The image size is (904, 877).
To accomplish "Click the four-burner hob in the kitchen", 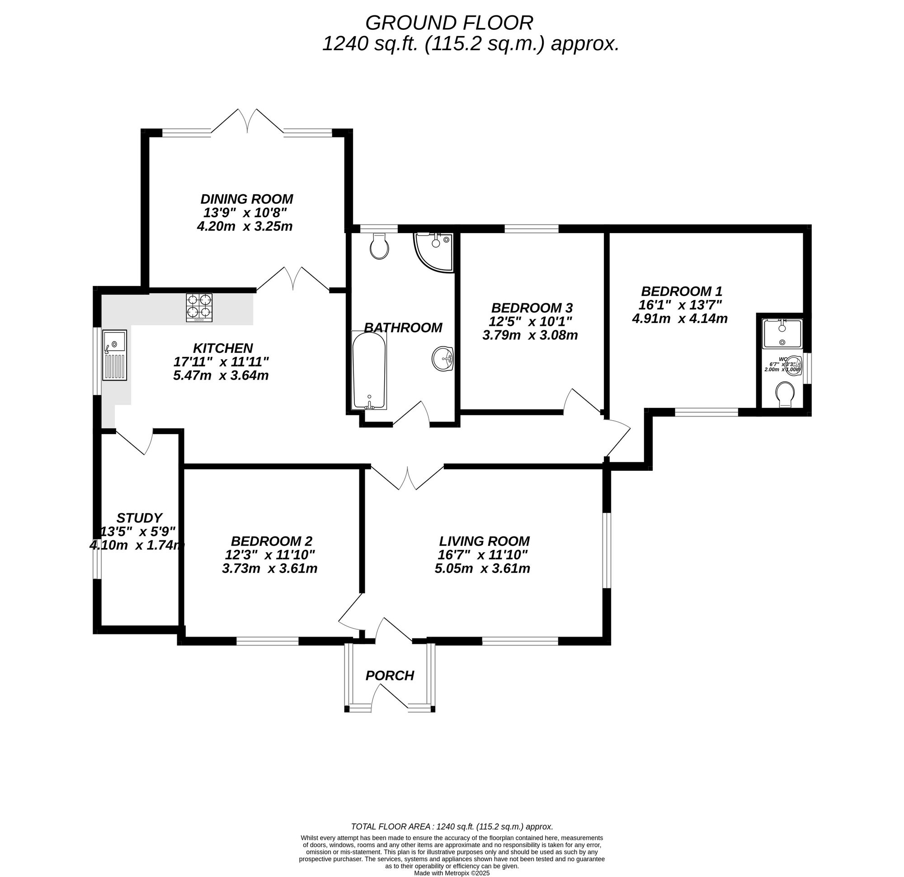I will click(199, 308).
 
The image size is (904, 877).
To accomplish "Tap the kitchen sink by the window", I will click(114, 355).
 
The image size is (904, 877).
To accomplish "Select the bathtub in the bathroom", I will click(368, 370).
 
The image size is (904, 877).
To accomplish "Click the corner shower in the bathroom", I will click(433, 251).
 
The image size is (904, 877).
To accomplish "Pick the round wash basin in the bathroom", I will click(443, 359).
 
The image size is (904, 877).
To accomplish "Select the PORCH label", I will click(390, 675).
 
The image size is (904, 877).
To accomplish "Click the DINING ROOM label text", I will click(247, 199).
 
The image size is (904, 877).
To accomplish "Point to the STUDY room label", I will click(139, 517).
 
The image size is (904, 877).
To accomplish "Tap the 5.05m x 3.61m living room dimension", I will click(482, 568).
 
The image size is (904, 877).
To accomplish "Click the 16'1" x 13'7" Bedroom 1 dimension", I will click(680, 305).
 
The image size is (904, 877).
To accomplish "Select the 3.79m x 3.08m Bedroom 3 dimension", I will click(530, 335).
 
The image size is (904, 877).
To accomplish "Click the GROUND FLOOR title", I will click(449, 23).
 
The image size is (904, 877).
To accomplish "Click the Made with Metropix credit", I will click(452, 873).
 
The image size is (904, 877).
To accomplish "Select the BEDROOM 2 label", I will click(272, 541).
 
